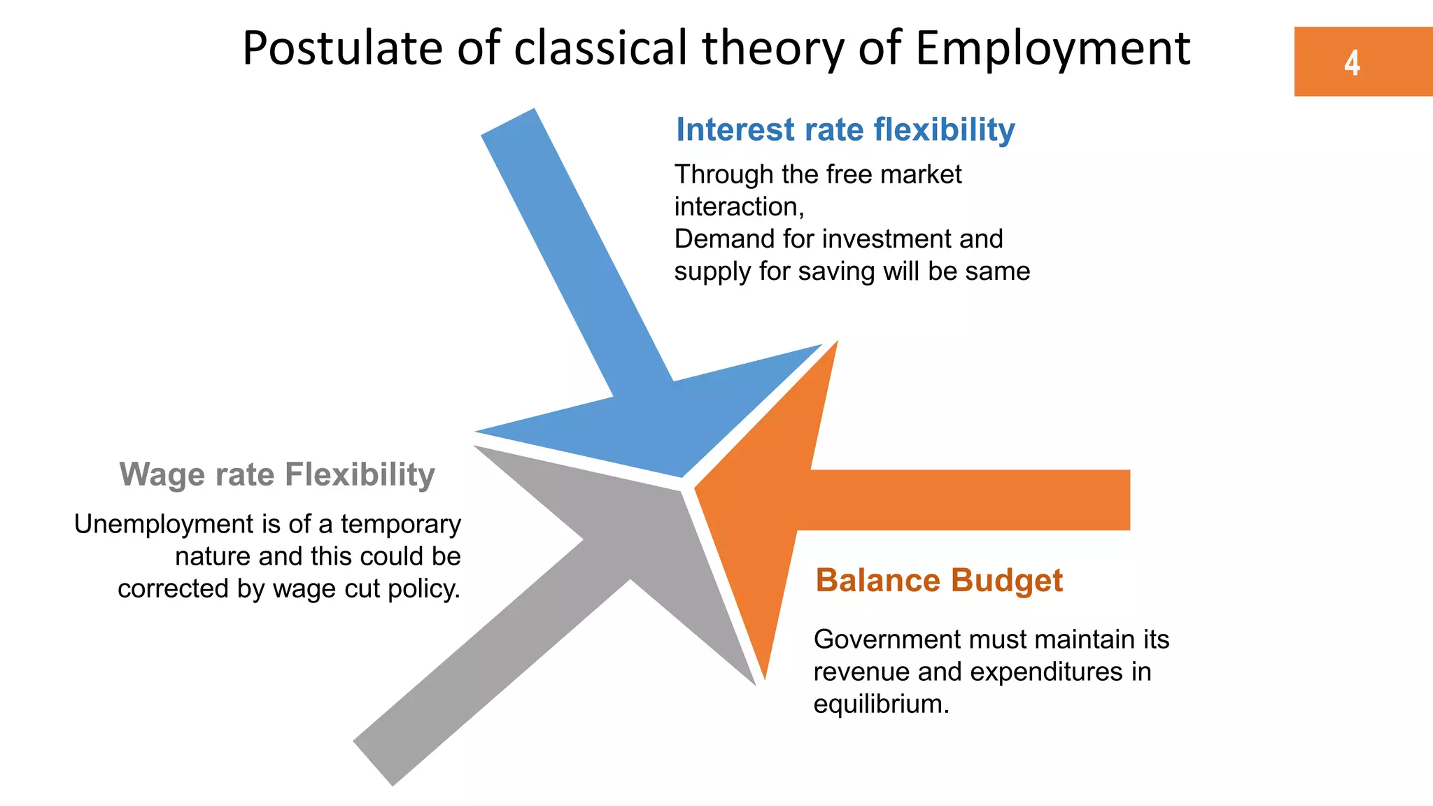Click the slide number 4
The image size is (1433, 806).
click(1352, 63)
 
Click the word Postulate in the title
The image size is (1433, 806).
click(342, 49)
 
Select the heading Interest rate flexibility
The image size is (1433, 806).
click(845, 130)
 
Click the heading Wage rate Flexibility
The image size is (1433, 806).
click(277, 474)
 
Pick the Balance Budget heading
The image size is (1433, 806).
click(939, 581)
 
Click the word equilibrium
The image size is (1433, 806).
click(880, 704)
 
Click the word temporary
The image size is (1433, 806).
click(401, 525)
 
